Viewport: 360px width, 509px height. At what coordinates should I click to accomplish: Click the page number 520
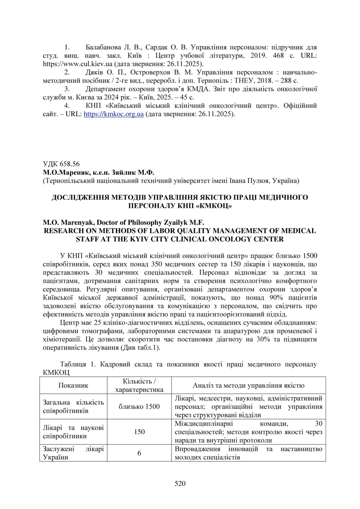[x=180, y=483]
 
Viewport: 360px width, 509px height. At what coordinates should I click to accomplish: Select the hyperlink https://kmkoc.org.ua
[x=113, y=115]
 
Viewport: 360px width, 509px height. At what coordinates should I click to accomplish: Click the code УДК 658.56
[x=61, y=163]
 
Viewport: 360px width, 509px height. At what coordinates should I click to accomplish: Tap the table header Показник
[x=73, y=385]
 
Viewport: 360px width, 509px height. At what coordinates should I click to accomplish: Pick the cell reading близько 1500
[x=139, y=406]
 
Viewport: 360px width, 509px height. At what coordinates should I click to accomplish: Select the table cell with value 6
[x=139, y=453]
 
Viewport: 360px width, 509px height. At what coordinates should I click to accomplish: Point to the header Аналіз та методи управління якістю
[x=248, y=385]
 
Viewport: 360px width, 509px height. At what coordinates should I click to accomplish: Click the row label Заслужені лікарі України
[x=73, y=453]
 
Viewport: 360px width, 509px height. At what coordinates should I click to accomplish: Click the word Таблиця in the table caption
[x=73, y=364]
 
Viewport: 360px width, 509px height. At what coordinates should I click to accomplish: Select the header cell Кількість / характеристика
[x=139, y=385]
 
